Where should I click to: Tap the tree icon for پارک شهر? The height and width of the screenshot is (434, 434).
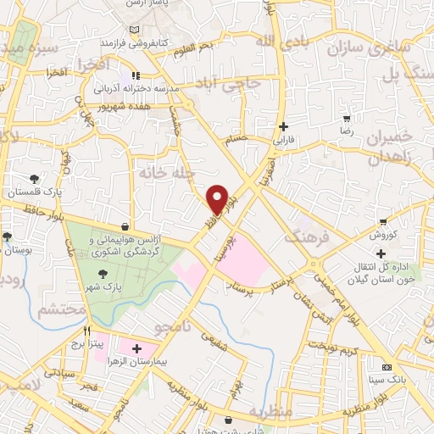click(x=103, y=273)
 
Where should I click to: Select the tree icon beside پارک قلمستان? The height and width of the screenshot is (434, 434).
click(x=33, y=179)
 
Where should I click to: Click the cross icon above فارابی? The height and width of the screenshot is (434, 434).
click(x=283, y=125)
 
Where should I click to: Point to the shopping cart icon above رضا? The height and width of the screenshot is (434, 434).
click(x=346, y=120)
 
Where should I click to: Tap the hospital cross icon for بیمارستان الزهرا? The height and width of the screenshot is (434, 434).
click(x=136, y=348)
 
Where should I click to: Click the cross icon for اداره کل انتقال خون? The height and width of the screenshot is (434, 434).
click(x=382, y=253)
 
